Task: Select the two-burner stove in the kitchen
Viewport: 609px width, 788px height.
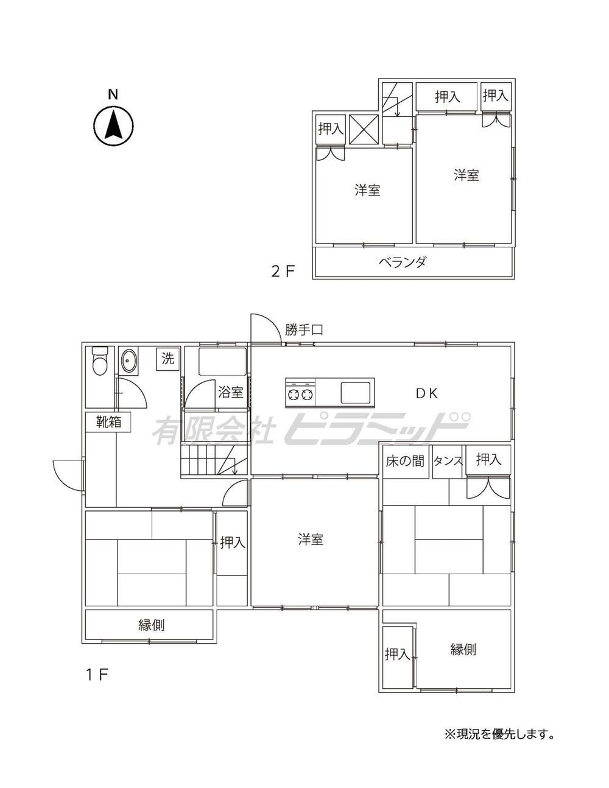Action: tap(300, 393)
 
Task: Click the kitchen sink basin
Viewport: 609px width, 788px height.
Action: tap(356, 393)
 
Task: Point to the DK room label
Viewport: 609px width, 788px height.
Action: tap(427, 393)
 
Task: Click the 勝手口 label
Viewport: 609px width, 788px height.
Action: tap(303, 330)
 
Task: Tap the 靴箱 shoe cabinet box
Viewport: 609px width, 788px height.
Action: tap(108, 422)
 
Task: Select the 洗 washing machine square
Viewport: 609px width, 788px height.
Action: tap(168, 359)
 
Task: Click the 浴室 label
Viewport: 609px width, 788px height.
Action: tap(231, 392)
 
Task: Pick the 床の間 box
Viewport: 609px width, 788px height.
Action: tap(406, 462)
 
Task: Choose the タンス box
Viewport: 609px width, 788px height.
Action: tap(448, 462)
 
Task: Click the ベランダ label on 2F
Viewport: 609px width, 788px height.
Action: tap(403, 262)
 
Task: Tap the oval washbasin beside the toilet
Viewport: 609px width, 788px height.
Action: tap(128, 361)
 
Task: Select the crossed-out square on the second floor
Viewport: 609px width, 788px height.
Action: tap(364, 130)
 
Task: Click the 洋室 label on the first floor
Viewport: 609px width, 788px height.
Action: tap(311, 540)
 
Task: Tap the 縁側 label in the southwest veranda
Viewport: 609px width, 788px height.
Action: tap(152, 625)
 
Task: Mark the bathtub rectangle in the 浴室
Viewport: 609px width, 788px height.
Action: tap(222, 362)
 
